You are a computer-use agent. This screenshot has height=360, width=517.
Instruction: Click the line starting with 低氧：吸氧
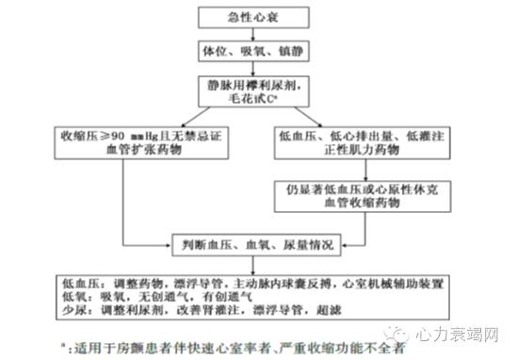[x=165, y=297]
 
